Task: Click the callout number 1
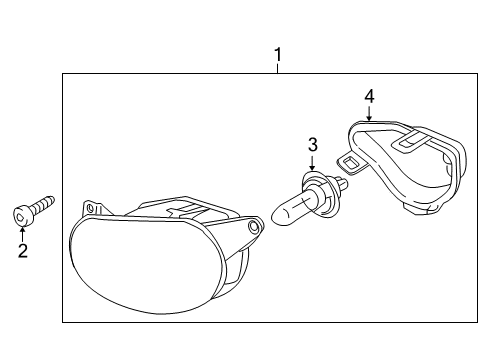[278, 55]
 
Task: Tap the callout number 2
[23, 251]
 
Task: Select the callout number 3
[313, 145]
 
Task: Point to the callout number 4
[369, 96]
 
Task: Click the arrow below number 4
[369, 113]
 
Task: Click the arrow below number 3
[312, 163]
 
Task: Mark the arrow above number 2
[22, 234]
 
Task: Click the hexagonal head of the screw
[21, 216]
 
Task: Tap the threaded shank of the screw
[42, 204]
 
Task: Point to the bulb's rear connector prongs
[342, 183]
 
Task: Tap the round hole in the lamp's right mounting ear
[254, 227]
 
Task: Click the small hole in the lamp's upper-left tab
[90, 209]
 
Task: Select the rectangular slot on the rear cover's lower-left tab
[350, 163]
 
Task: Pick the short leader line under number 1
[277, 69]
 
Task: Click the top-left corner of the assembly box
[63, 73]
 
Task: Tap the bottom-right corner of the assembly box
[477, 322]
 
